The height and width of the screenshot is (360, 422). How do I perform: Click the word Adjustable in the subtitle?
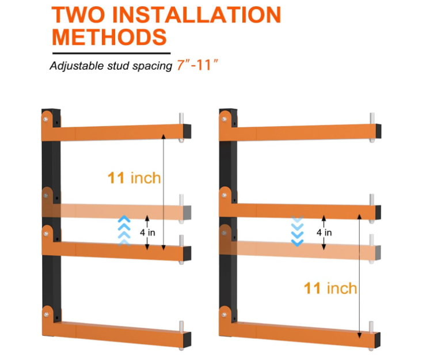tap(74, 65)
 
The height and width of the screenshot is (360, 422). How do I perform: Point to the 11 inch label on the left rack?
tap(134, 177)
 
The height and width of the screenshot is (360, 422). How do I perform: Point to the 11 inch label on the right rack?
tap(330, 287)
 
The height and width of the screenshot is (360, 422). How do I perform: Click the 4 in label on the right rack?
tap(324, 232)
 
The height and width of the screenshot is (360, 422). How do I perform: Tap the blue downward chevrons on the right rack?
tap(297, 230)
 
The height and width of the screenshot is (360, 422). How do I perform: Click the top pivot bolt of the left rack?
tap(45, 119)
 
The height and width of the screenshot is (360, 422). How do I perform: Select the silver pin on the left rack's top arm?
tap(181, 119)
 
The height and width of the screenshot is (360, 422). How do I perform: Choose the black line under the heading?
tap(110, 52)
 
